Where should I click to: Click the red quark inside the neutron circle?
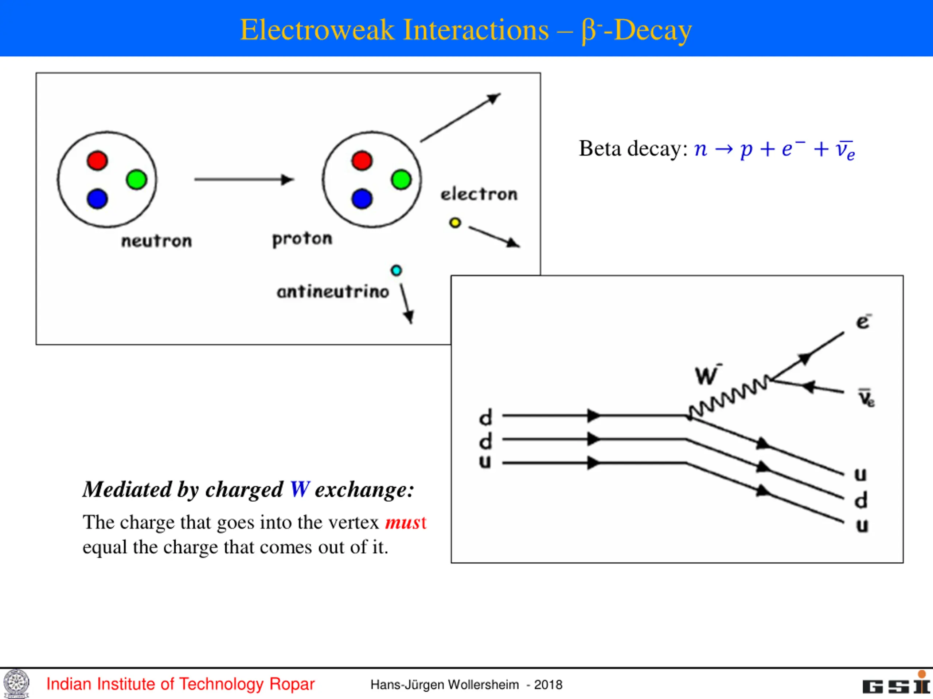click(x=97, y=161)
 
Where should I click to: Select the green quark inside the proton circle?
click(x=401, y=180)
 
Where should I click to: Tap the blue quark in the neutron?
click(x=97, y=199)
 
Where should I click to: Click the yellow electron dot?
click(x=455, y=222)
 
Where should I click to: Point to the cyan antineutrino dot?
click(x=396, y=270)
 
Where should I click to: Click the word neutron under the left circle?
click(x=156, y=241)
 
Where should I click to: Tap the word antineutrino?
click(x=333, y=292)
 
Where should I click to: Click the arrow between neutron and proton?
click(x=244, y=179)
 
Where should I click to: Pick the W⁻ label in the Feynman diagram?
click(x=708, y=375)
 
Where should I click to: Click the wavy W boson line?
click(x=729, y=397)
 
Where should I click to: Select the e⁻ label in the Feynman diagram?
click(x=863, y=321)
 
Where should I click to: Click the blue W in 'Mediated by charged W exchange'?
click(x=300, y=490)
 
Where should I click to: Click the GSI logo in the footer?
click(x=897, y=683)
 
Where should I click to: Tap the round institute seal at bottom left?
click(x=16, y=683)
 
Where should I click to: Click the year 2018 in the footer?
click(x=549, y=685)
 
